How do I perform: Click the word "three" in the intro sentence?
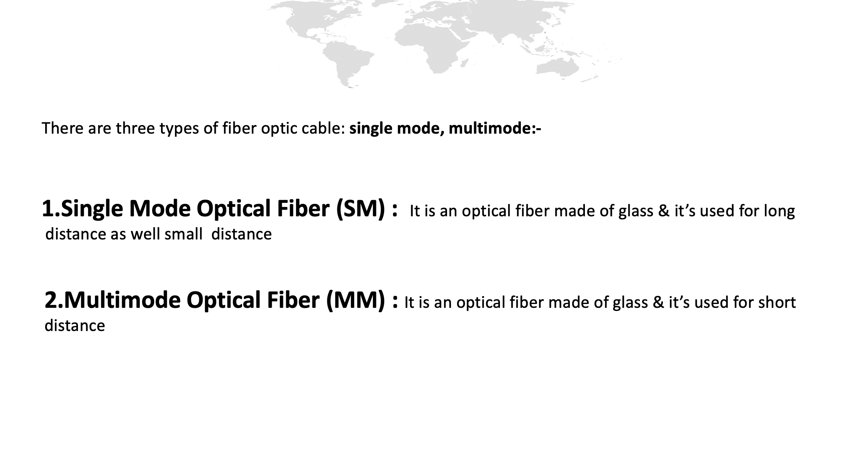[136, 128]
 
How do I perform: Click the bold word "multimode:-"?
[495, 128]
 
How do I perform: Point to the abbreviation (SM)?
[361, 209]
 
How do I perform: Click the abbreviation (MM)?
[356, 300]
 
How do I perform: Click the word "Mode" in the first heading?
[160, 209]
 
